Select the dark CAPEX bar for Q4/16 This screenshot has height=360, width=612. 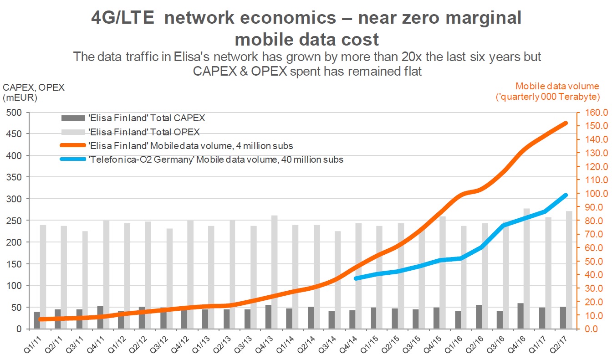pos(520,316)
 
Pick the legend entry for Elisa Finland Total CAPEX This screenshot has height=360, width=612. pos(133,118)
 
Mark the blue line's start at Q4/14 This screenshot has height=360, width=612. pos(356,278)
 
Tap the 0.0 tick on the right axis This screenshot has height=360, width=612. pos(591,329)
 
